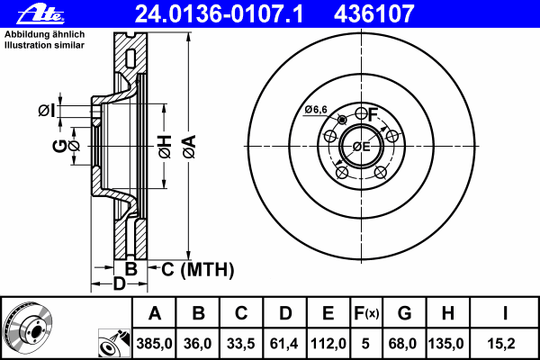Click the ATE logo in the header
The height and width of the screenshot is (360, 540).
(x=40, y=14)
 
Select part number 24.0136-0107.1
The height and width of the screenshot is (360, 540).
(x=219, y=13)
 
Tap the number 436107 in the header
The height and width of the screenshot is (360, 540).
(x=373, y=13)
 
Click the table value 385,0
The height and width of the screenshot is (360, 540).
(x=154, y=344)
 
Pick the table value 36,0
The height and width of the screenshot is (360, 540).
(x=197, y=344)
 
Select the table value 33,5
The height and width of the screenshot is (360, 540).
(x=240, y=344)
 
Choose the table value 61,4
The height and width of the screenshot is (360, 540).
(x=284, y=344)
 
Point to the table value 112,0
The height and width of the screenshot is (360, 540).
(x=328, y=344)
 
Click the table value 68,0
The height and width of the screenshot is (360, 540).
(x=402, y=344)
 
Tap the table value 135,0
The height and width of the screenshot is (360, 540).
(x=445, y=344)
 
